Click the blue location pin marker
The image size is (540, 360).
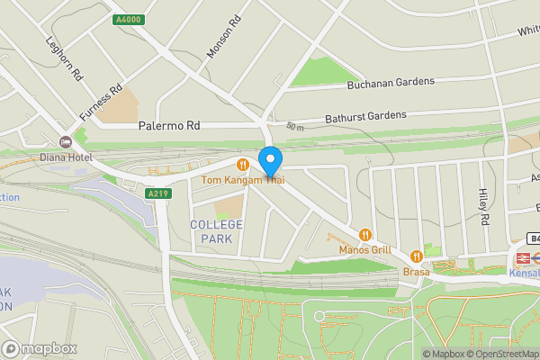(x=270, y=161)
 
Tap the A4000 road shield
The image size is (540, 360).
(x=127, y=19)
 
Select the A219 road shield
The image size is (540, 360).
(x=158, y=192)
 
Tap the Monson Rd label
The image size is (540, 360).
(x=225, y=38)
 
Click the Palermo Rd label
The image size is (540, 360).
(x=168, y=126)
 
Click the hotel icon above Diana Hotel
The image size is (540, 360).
(x=65, y=141)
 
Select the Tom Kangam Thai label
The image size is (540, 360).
(x=243, y=180)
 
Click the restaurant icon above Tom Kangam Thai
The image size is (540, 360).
(x=243, y=165)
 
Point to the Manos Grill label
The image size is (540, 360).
(x=364, y=249)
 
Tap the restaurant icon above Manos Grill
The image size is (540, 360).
(x=364, y=234)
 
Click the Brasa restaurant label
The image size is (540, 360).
(x=416, y=271)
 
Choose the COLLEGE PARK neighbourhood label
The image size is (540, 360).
(x=216, y=231)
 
